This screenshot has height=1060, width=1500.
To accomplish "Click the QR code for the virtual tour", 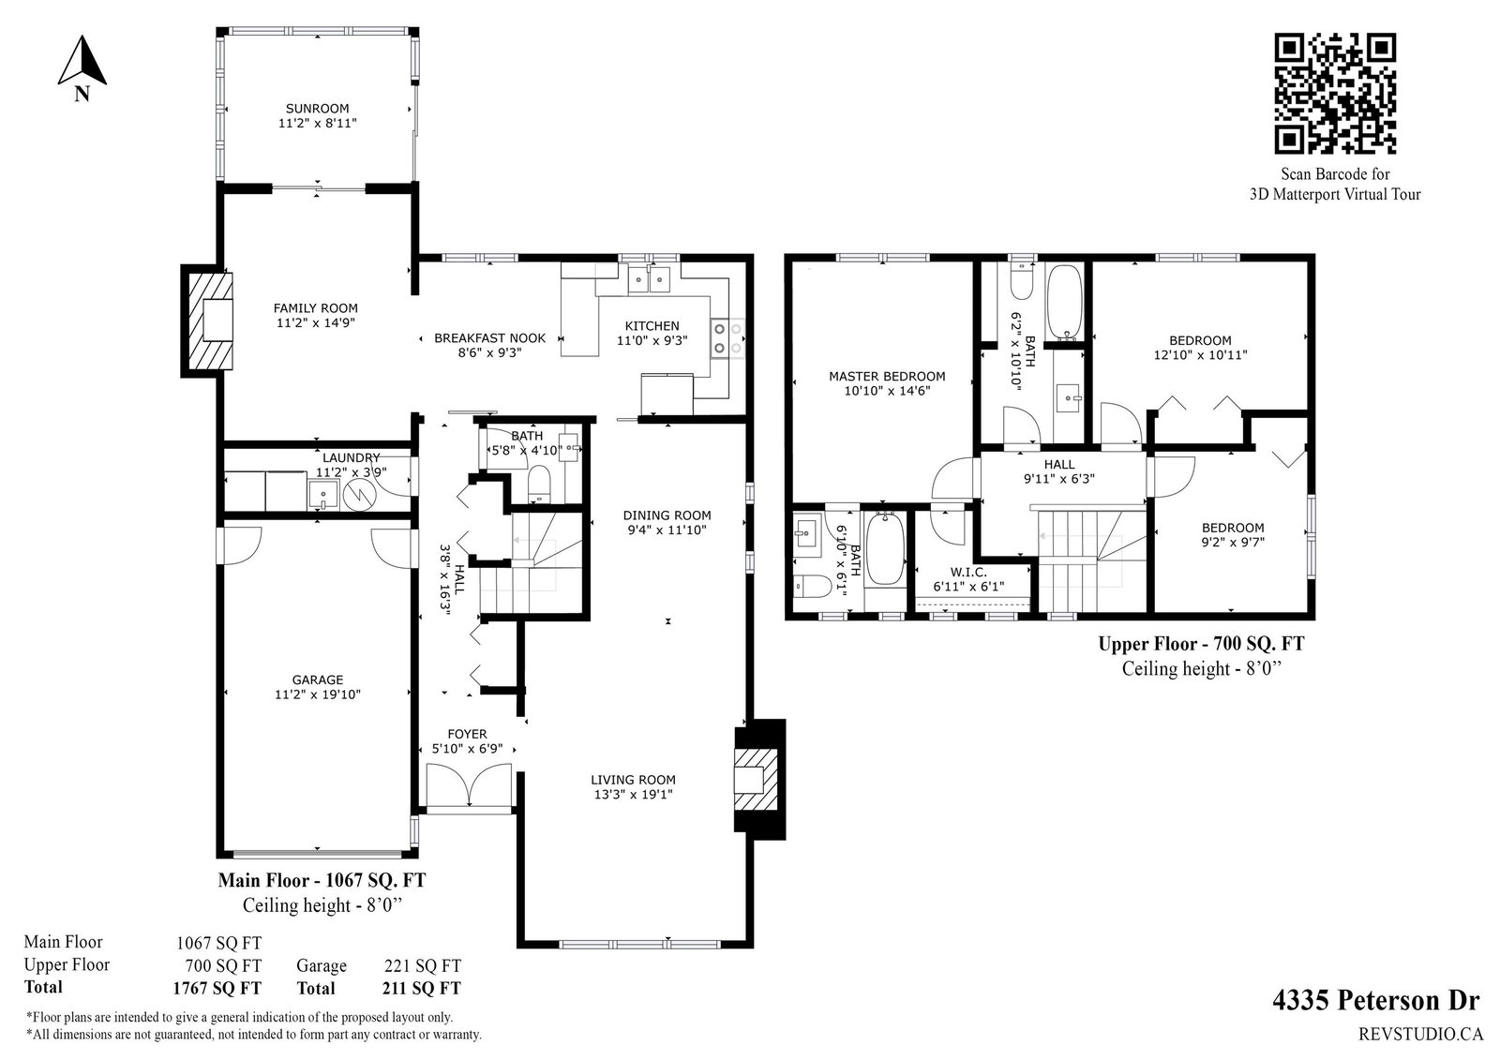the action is [x=1335, y=93].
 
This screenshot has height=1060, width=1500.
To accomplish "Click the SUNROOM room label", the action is [x=318, y=109].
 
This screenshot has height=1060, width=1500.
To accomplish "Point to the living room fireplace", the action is [x=759, y=779].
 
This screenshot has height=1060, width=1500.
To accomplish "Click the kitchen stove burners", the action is [x=727, y=339].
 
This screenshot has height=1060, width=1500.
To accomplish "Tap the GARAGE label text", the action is [x=318, y=679].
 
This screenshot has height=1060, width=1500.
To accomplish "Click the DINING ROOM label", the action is [x=667, y=515].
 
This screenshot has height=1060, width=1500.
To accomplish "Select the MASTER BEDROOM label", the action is [x=887, y=377].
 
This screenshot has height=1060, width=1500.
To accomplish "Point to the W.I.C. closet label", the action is [x=969, y=573].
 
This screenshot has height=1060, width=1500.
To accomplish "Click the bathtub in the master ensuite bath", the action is [x=886, y=548].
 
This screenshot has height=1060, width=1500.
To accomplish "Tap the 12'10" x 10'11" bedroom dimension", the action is [x=1200, y=355].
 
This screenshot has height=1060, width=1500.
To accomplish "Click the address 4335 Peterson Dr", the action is [x=1375, y=1001].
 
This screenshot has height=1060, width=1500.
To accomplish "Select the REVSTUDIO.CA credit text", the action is [x=1420, y=1035].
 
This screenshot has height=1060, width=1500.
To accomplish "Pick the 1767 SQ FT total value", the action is [x=217, y=989].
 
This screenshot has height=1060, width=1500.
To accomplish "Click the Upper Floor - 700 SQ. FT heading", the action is [x=1201, y=644].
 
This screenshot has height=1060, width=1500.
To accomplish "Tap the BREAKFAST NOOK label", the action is [x=490, y=338].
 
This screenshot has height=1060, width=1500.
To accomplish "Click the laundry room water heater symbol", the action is [x=361, y=495].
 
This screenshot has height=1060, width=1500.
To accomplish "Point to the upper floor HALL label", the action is [x=1059, y=464].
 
